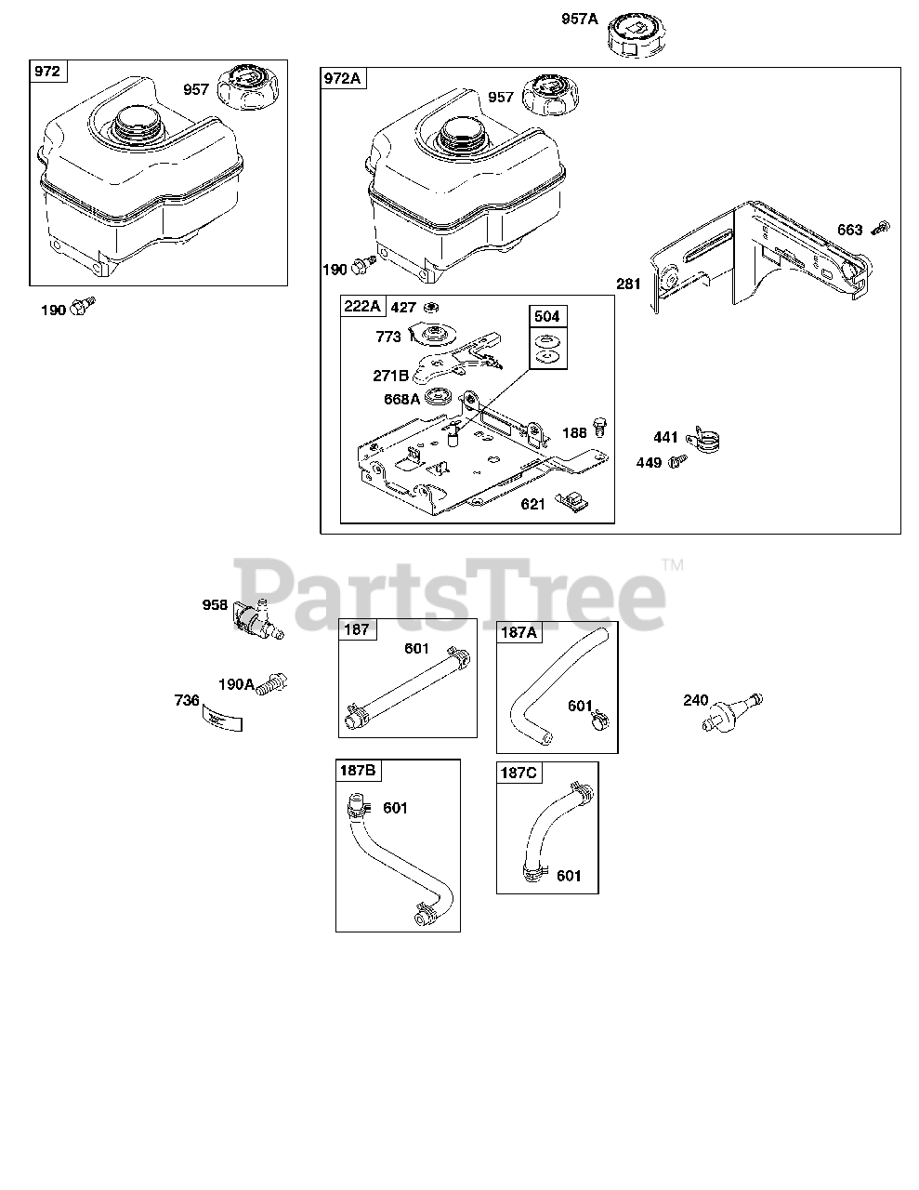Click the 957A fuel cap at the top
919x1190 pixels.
pos(637,37)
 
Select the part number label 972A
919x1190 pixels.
pos(343,78)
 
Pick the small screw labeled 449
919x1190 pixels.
pos(680,459)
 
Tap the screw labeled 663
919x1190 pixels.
pos(883,227)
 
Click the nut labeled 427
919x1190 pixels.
pos(431,307)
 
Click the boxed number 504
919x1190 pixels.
pos(547,316)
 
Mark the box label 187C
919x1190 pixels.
pos(519,773)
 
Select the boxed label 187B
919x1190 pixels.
pos(358,770)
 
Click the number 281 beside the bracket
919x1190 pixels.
pos(628,284)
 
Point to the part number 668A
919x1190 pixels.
pos(400,400)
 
